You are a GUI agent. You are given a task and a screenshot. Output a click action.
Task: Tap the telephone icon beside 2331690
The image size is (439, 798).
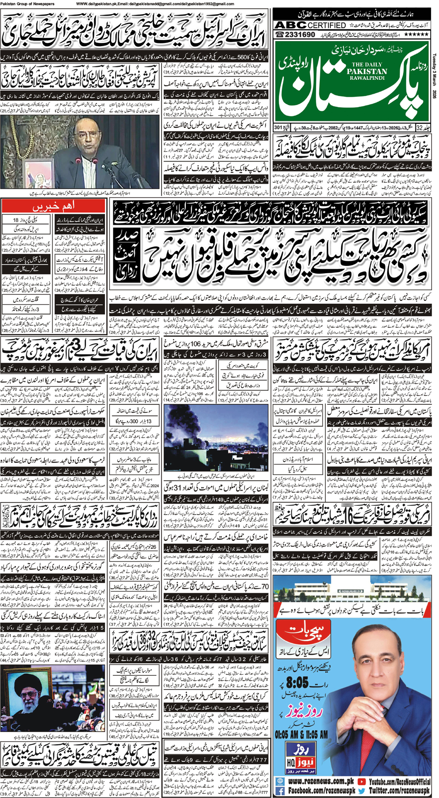point(280,34)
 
